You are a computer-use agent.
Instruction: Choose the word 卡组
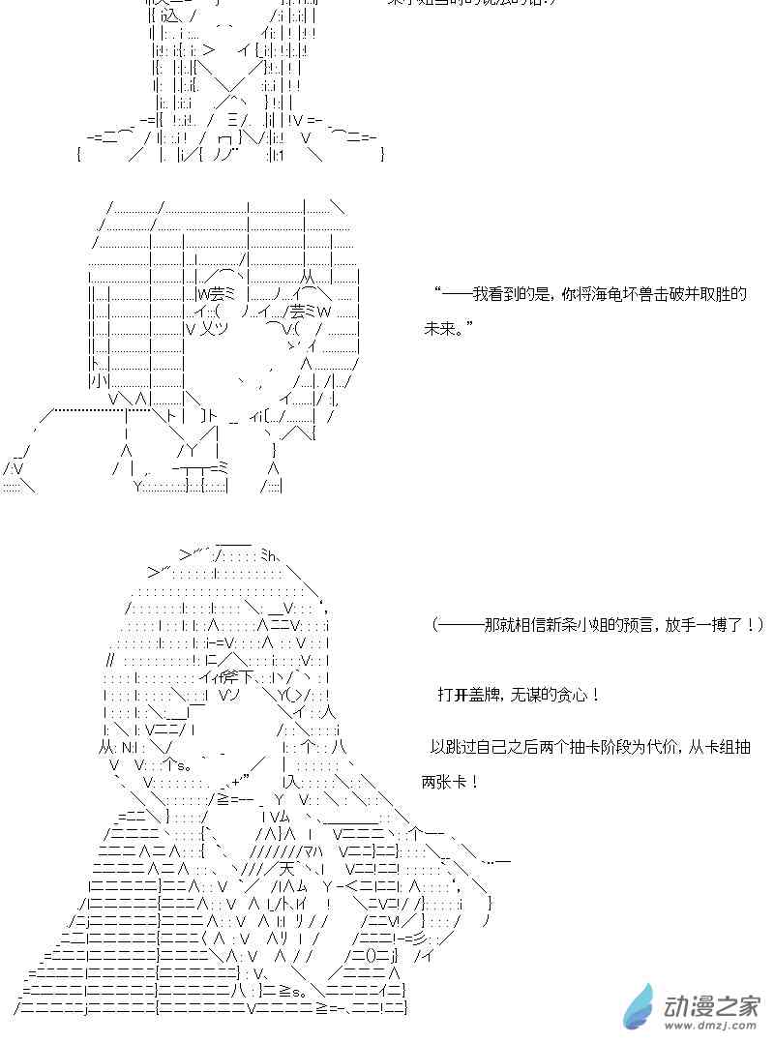[x=722, y=747]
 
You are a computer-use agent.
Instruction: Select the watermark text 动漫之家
[x=712, y=1002]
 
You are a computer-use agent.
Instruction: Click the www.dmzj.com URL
[x=712, y=1027]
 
